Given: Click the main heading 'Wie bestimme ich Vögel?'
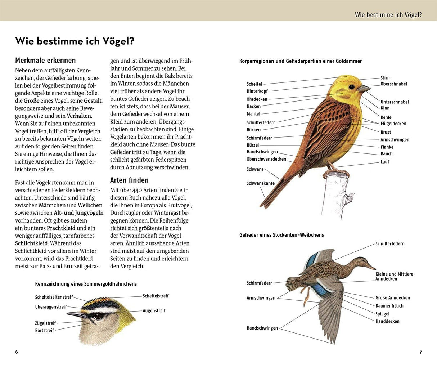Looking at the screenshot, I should pyautogui.click(x=75, y=41).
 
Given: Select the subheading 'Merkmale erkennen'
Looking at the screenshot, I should pyautogui.click(x=45, y=61).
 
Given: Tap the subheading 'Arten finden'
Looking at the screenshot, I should pyautogui.click(x=129, y=180).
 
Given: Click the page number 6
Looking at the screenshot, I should pyautogui.click(x=17, y=352).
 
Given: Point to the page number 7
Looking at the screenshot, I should pyautogui.click(x=420, y=353).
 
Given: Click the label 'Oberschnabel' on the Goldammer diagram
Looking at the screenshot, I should pyautogui.click(x=393, y=84).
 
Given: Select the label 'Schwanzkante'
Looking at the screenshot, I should pyautogui.click(x=260, y=183).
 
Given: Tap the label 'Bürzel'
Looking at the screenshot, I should pyautogui.click(x=253, y=145).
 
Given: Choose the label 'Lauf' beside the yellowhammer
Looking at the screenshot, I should pyautogui.click(x=385, y=162).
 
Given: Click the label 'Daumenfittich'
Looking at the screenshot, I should pyautogui.click(x=389, y=306).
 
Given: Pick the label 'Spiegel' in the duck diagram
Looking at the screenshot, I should pyautogui.click(x=382, y=314).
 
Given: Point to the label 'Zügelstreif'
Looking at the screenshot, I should pyautogui.click(x=45, y=323).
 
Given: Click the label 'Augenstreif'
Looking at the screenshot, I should pyautogui.click(x=154, y=310).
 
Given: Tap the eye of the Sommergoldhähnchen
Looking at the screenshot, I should pyautogui.click(x=97, y=316).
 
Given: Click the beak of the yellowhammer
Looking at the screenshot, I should pyautogui.click(x=364, y=88).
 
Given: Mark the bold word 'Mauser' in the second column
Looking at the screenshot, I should pyautogui.click(x=179, y=106).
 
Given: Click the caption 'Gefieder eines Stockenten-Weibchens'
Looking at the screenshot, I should pyautogui.click(x=281, y=235).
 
